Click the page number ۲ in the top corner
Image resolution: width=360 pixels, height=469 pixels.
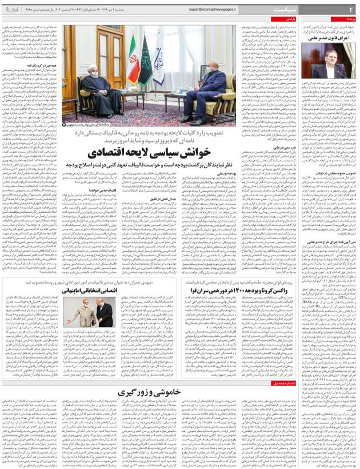point(350,10)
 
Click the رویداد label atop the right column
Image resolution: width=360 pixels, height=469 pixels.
point(346,19)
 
